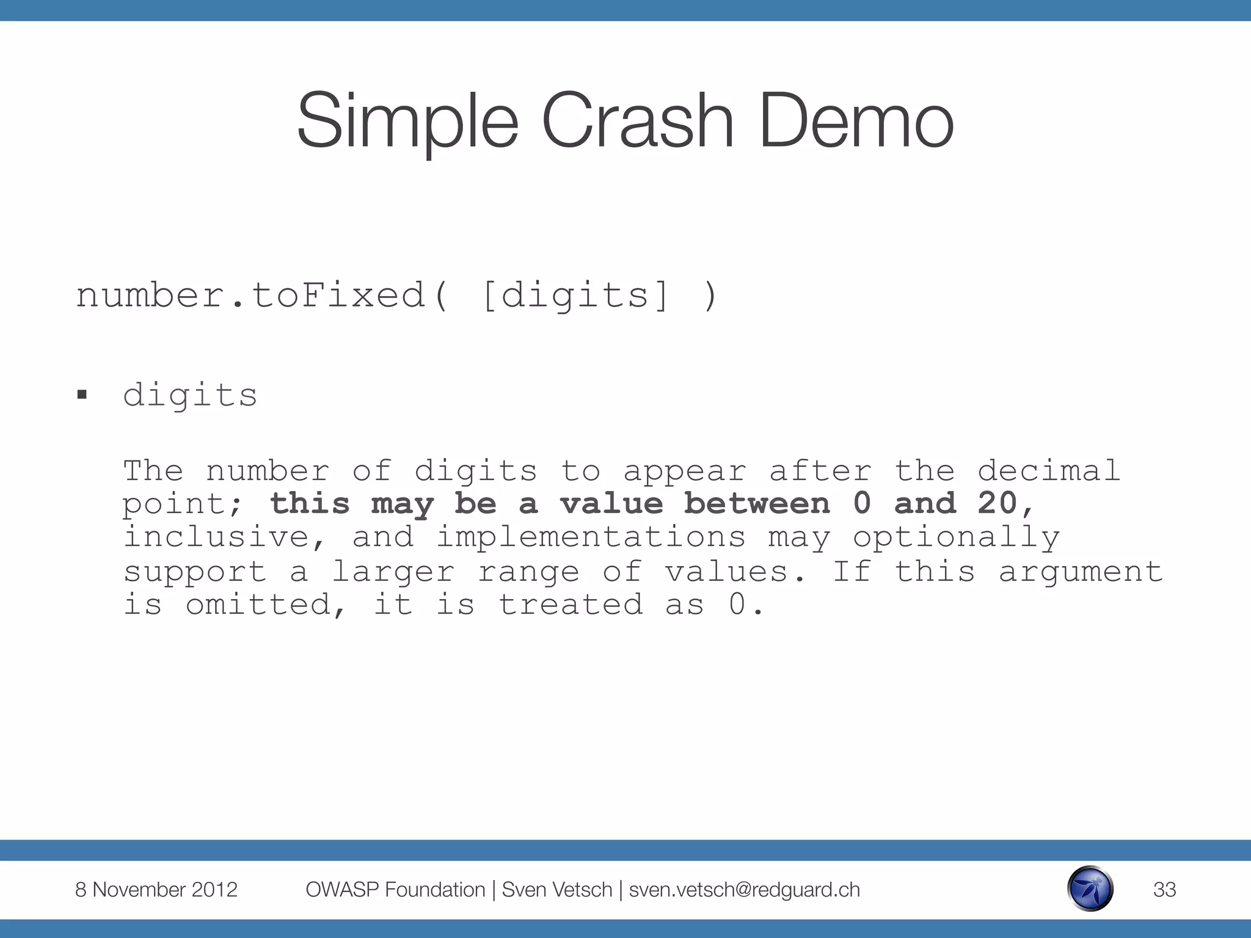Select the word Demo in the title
tap(856, 120)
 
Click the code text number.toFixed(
tap(263, 296)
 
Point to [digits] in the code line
tap(576, 296)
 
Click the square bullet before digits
tap(82, 395)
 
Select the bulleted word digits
tap(190, 395)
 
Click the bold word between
tap(757, 503)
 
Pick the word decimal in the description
tap(1049, 471)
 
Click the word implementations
tap(591, 537)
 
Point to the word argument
tap(1081, 572)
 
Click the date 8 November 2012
tap(156, 890)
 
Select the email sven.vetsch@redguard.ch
tap(744, 890)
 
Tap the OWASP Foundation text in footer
tap(395, 890)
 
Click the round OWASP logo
tap(1090, 889)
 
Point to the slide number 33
tap(1164, 890)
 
